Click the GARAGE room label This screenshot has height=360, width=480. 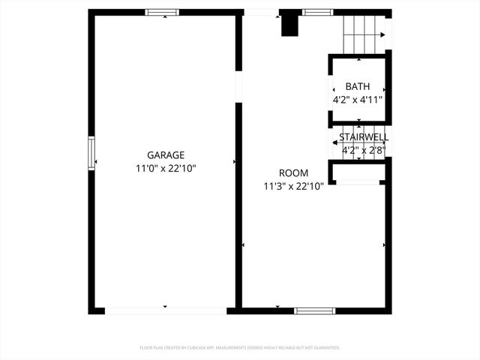pyautogui.click(x=166, y=154)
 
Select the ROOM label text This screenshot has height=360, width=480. pyautogui.click(x=292, y=172)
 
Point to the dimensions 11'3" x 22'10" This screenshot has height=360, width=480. pyautogui.click(x=292, y=186)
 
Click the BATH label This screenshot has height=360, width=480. pyautogui.click(x=358, y=87)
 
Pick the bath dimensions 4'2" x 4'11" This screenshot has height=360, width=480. pyautogui.click(x=358, y=99)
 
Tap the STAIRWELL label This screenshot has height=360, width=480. pyautogui.click(x=364, y=137)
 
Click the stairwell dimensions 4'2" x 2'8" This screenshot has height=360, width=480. pyautogui.click(x=364, y=150)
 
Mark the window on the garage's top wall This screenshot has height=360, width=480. pyautogui.click(x=162, y=12)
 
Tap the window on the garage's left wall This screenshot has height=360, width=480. pyautogui.click(x=91, y=153)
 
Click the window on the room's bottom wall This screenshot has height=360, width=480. pyautogui.click(x=314, y=310)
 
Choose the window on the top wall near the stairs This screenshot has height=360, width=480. pyautogui.click(x=317, y=12)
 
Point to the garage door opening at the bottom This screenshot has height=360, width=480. pyautogui.click(x=165, y=310)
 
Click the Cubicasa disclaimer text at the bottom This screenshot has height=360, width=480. pyautogui.click(x=240, y=348)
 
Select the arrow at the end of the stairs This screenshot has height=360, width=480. pyautogui.click(x=383, y=34)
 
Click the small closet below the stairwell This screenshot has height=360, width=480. pyautogui.click(x=358, y=175)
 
